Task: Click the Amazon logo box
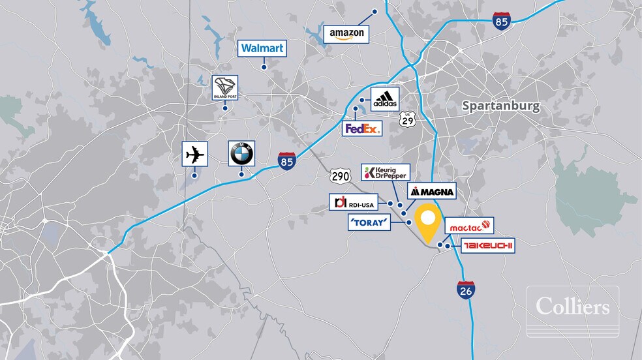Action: coord(346,34)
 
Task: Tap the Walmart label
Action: coord(262,48)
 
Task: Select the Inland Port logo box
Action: coord(225,88)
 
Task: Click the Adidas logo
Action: coord(382,100)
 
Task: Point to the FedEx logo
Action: coord(362,128)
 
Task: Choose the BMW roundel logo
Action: coord(241,154)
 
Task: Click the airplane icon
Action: coord(194,155)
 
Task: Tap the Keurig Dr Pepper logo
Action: coord(386,173)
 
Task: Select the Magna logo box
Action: coord(431,192)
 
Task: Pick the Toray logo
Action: coord(369,224)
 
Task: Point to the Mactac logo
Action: coord(469,226)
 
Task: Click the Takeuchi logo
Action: coord(489,246)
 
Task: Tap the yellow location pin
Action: coord(428,223)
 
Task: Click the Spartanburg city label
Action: coord(500,106)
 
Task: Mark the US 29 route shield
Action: coord(408,118)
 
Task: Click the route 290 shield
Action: coord(339,176)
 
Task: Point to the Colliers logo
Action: coord(573,306)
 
